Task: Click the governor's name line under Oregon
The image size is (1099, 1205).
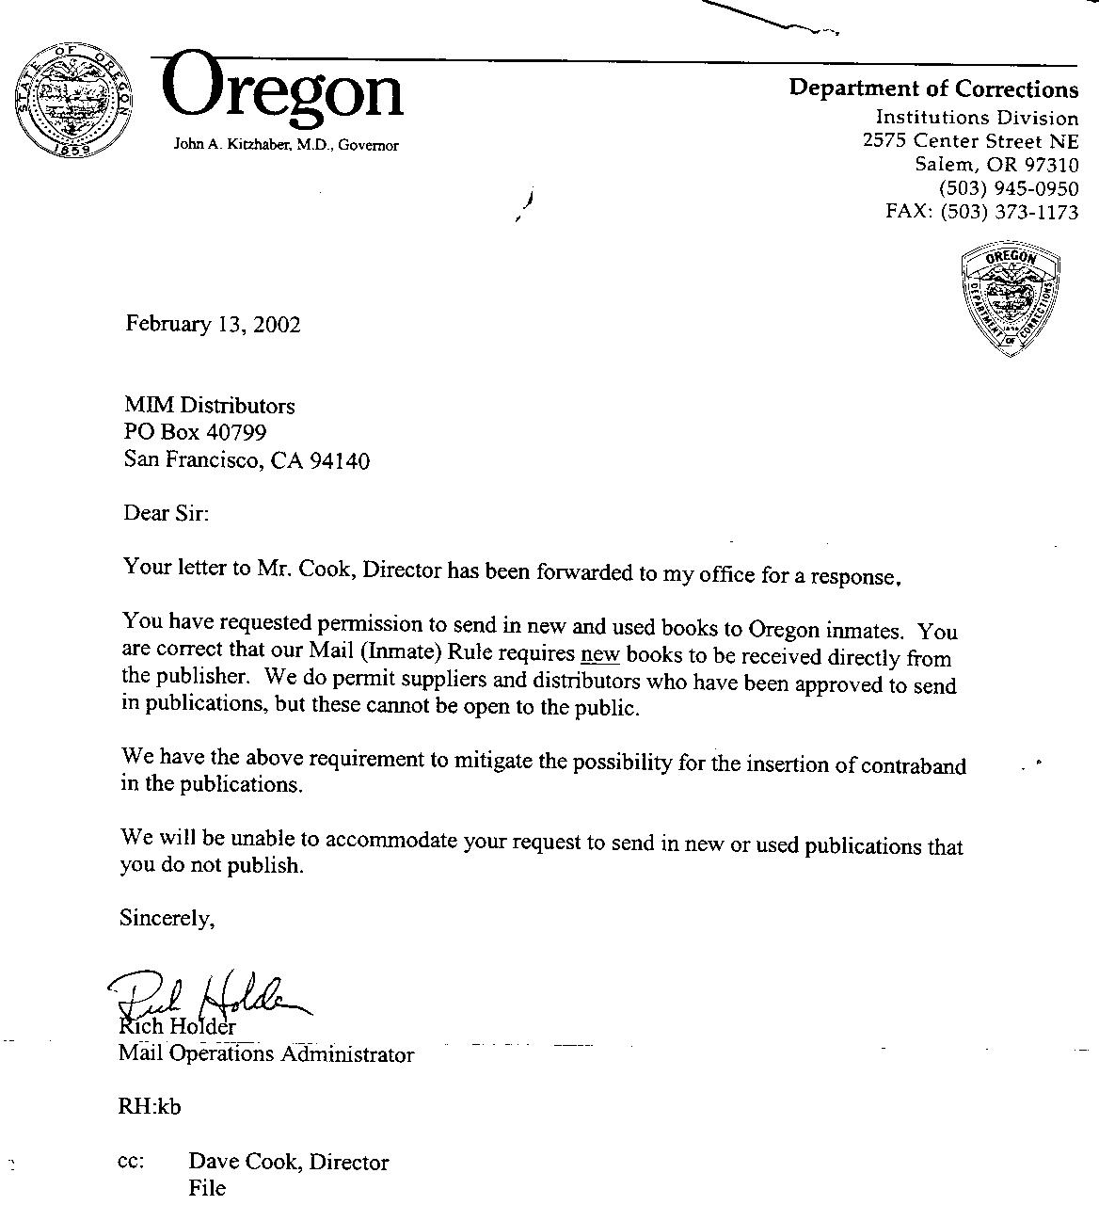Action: tap(286, 145)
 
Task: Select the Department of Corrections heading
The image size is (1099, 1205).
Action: tap(933, 88)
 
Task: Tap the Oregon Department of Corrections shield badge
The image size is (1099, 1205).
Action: tap(1011, 298)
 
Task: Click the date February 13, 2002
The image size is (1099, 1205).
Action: tap(214, 325)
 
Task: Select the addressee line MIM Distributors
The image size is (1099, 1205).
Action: tap(210, 406)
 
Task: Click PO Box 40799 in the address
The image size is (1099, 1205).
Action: tap(196, 432)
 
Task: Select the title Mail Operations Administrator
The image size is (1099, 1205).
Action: tap(266, 1054)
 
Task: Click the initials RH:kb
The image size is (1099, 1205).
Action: tap(150, 1107)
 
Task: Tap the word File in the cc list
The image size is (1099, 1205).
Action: tap(207, 1188)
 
